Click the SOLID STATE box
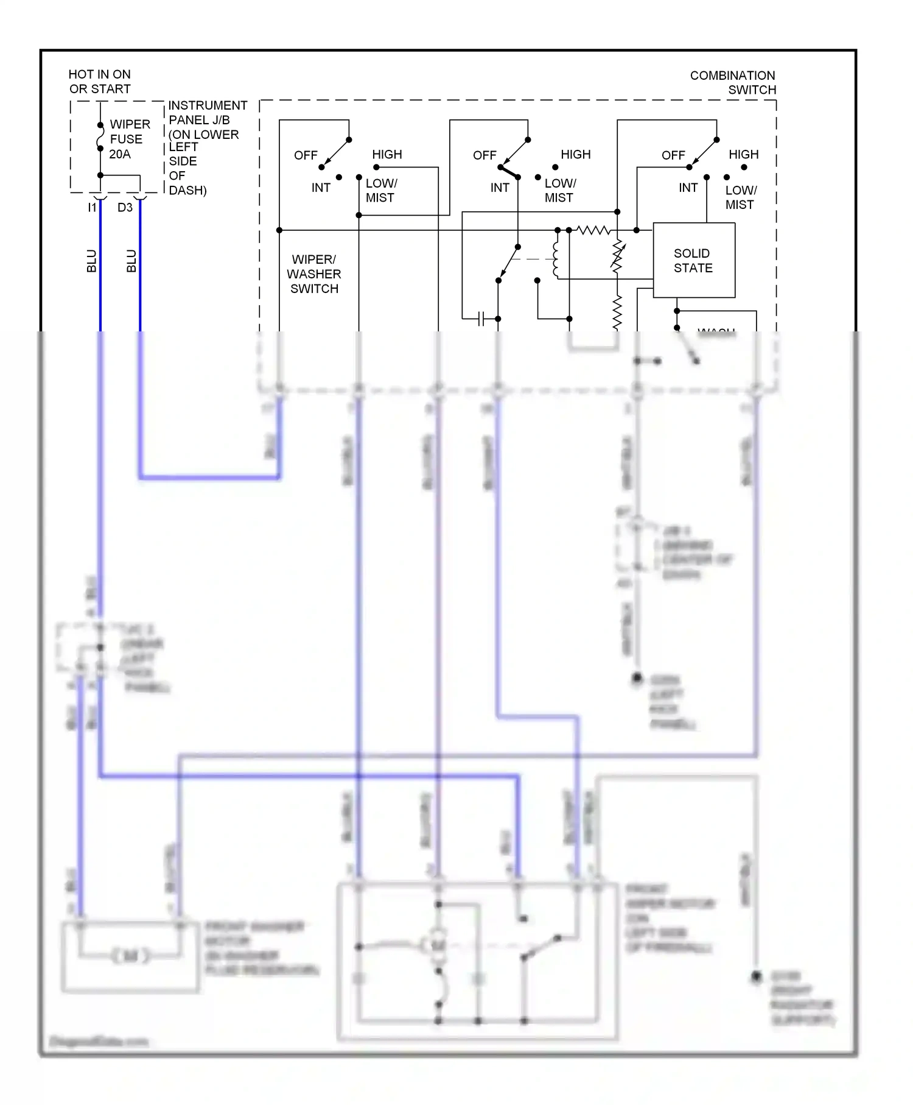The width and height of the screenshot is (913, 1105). click(x=693, y=261)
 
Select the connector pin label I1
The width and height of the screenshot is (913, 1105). click(x=92, y=208)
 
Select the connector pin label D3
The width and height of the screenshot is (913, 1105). click(x=125, y=208)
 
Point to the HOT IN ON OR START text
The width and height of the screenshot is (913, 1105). click(x=99, y=82)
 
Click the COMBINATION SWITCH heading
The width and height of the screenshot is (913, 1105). click(x=733, y=83)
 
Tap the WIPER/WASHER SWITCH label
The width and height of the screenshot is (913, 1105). click(x=314, y=274)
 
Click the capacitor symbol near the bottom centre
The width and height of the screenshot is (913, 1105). click(x=481, y=319)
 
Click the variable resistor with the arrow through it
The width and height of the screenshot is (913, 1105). click(x=617, y=256)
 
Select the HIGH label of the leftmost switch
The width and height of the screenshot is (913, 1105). click(x=387, y=155)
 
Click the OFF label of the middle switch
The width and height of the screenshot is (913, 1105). click(x=484, y=155)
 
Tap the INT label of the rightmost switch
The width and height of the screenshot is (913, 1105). click(x=688, y=188)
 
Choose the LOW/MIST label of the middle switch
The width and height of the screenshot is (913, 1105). click(x=559, y=191)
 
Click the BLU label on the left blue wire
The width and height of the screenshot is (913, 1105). click(x=92, y=261)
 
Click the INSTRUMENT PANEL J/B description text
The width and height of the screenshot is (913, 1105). click(x=204, y=147)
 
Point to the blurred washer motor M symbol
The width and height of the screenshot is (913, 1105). click(x=130, y=956)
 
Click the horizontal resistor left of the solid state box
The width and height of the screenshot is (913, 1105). click(x=593, y=230)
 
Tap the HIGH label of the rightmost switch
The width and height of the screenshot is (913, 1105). click(x=743, y=155)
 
